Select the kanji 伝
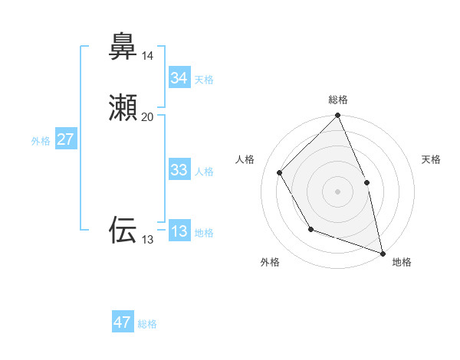click(x=123, y=229)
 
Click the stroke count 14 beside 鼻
click(x=147, y=56)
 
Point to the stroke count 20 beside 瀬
click(x=147, y=117)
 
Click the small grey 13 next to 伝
click(x=146, y=240)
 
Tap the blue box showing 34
click(x=179, y=78)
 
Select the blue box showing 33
click(x=179, y=171)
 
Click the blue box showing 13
click(x=179, y=232)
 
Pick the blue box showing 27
click(x=66, y=140)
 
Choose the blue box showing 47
click(x=123, y=323)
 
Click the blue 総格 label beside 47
click(x=147, y=324)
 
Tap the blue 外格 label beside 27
click(x=41, y=141)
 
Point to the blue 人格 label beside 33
click(x=204, y=172)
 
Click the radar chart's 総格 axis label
click(x=338, y=100)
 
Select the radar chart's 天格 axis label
click(x=431, y=159)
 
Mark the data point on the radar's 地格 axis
click(x=383, y=254)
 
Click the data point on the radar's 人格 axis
click(x=280, y=172)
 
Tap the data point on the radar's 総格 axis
click(x=338, y=116)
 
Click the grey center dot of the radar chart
click(x=338, y=191)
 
